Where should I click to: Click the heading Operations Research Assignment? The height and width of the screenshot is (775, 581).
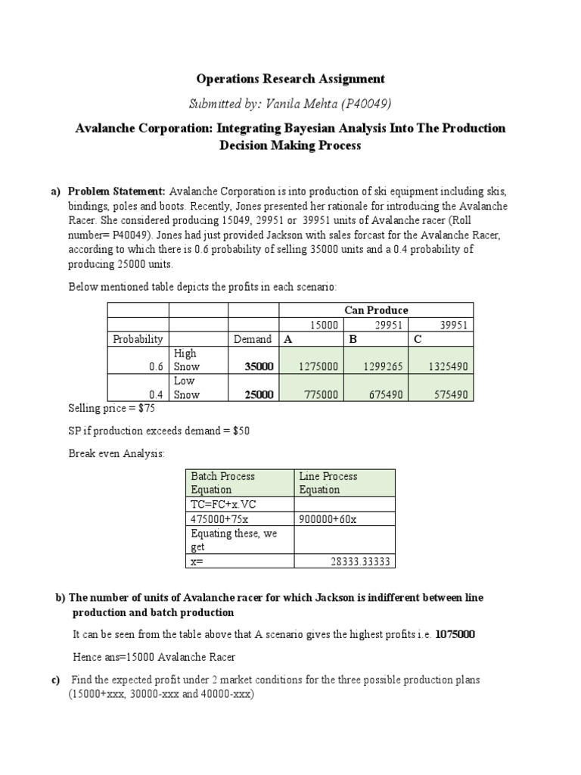[290, 79]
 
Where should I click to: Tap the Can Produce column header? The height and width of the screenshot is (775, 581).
[376, 310]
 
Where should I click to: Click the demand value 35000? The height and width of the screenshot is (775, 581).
[259, 366]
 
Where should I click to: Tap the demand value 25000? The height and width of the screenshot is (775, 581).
[259, 394]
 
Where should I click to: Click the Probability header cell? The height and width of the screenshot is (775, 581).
[138, 339]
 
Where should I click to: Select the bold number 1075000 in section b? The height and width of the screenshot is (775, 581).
[455, 634]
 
